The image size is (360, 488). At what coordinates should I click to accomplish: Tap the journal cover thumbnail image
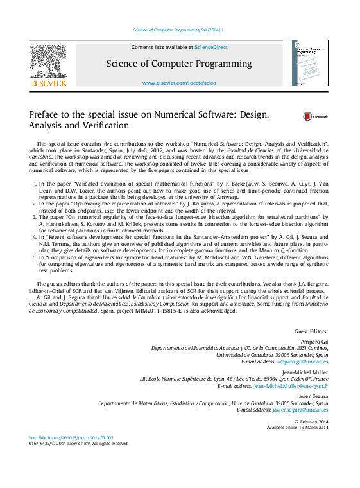point(310,64)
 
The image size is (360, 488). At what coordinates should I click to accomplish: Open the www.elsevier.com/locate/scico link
point(179,83)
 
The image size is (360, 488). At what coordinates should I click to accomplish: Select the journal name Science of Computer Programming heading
point(179,64)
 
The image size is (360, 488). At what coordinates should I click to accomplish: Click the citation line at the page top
point(179,30)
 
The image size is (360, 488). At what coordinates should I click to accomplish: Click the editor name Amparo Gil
point(314,341)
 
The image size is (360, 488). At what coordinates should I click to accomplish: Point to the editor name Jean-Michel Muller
point(305,372)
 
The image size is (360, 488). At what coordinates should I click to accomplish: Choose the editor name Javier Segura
point(313,396)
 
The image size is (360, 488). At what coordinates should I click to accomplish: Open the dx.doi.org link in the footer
point(71,438)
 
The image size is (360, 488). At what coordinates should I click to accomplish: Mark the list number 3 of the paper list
point(34,218)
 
